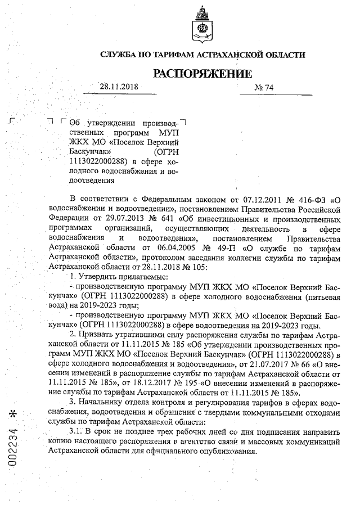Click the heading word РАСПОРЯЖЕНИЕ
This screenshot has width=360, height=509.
point(202,73)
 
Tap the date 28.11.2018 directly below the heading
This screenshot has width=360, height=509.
point(119,87)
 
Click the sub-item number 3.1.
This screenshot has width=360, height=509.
point(76,431)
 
